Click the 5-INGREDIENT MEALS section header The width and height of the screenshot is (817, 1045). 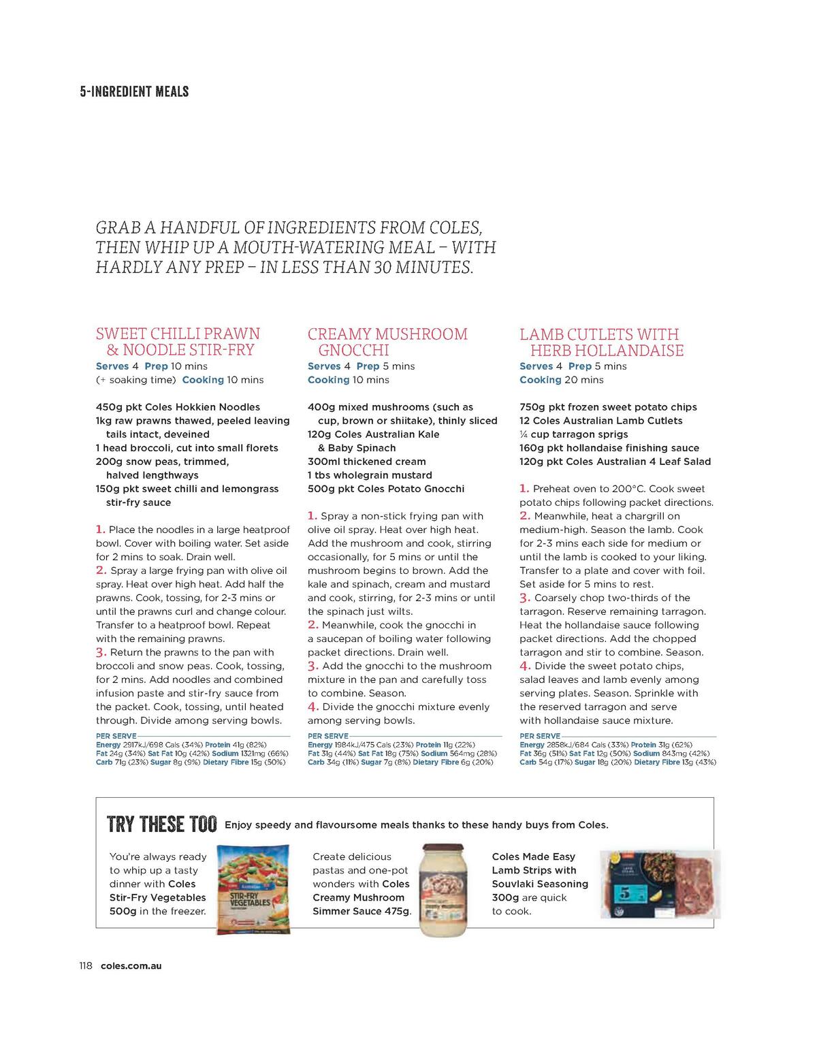pyautogui.click(x=134, y=91)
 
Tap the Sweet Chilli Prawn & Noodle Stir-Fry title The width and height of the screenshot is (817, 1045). pyautogui.click(x=178, y=342)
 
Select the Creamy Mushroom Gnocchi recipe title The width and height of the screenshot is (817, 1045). pyautogui.click(x=387, y=342)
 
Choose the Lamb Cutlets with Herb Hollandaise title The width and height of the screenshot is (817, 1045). pyautogui.click(x=601, y=342)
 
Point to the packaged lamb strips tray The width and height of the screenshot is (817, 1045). pyautogui.click(x=660, y=884)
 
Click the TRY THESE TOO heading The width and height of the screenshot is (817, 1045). pyautogui.click(x=162, y=824)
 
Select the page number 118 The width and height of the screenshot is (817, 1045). pyautogui.click(x=86, y=965)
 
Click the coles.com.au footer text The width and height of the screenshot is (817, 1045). pyautogui.click(x=131, y=965)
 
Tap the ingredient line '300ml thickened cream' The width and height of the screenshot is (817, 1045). pyautogui.click(x=366, y=462)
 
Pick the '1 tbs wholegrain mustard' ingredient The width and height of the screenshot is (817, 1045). pyautogui.click(x=370, y=475)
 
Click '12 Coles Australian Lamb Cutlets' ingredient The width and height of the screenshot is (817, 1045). pyautogui.click(x=600, y=421)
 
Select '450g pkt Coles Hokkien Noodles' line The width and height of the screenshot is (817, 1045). pyautogui.click(x=178, y=407)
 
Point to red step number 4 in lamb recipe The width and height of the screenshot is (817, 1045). pyautogui.click(x=525, y=666)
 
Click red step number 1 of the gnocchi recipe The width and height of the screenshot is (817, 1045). pyautogui.click(x=313, y=515)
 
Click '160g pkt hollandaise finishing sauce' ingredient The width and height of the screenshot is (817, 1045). pyautogui.click(x=609, y=448)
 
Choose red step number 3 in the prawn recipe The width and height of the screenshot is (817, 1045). pyautogui.click(x=101, y=652)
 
